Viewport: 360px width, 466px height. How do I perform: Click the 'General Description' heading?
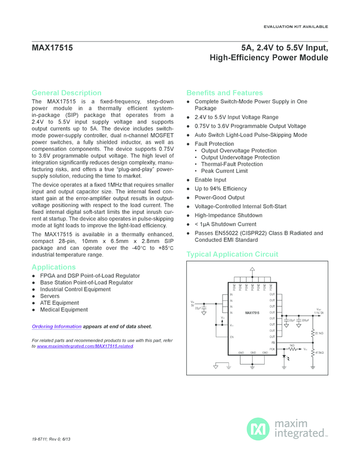(66, 93)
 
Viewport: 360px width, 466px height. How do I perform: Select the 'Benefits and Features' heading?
(225, 93)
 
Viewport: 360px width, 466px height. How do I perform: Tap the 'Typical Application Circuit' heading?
(232, 254)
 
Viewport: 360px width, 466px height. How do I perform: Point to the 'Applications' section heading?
(54, 267)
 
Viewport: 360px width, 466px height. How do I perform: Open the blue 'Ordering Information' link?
(56, 327)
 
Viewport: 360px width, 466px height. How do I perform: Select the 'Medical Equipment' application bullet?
(64, 310)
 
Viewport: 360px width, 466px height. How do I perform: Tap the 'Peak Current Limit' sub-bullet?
(224, 171)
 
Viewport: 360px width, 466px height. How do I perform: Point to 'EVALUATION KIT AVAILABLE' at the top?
(295, 26)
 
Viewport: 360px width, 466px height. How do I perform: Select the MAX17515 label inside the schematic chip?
(252, 312)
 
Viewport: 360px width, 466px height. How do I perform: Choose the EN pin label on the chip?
(232, 336)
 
